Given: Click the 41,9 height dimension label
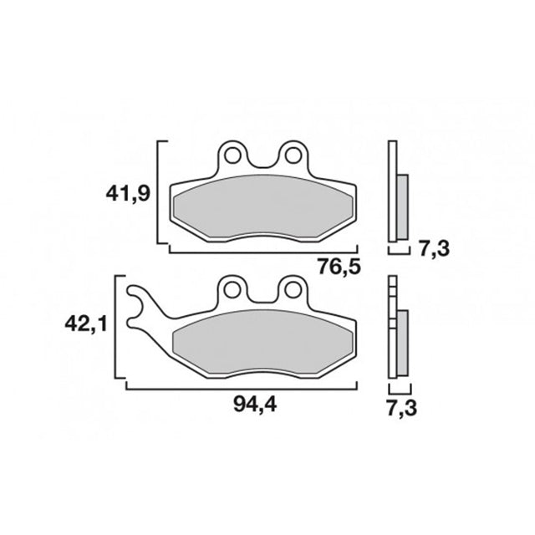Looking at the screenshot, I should pos(128,194).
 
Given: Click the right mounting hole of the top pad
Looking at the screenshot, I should pos(292,155).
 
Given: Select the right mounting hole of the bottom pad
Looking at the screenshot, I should pos(292,289).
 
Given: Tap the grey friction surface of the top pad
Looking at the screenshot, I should pos(262,209).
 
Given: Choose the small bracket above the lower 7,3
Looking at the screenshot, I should pos(400,390).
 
